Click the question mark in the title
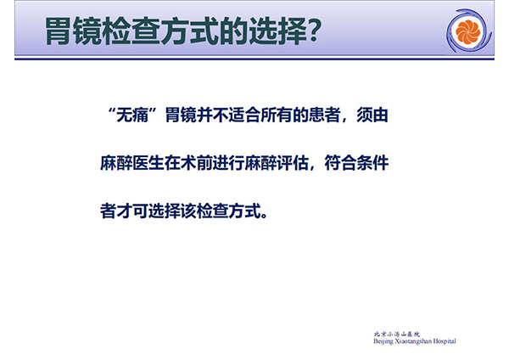314,31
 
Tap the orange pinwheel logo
467,31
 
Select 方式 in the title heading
188,31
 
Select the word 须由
372,115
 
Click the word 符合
340,163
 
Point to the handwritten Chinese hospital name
397,334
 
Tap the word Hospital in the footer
445,341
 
